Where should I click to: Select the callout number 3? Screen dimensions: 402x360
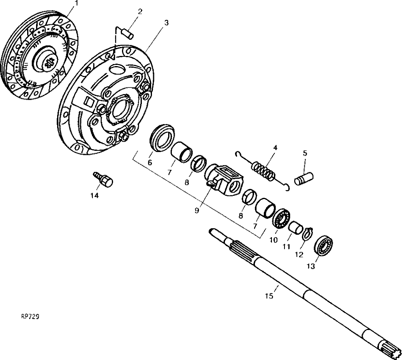167,23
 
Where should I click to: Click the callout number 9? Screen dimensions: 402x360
197,211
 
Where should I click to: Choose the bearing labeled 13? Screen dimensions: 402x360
323,246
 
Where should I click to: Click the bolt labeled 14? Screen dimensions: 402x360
103,179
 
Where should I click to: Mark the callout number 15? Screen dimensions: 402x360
269,296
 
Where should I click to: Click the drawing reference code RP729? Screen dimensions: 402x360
30,317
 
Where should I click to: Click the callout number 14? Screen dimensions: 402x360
94,196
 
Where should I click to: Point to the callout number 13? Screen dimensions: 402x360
310,266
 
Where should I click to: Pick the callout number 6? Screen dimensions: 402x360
150,162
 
